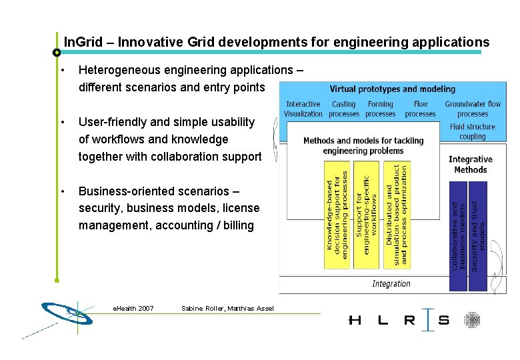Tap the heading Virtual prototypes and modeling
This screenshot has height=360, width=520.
[x=392, y=89]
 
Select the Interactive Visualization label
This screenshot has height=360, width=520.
[x=303, y=109]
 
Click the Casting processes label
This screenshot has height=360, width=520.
[x=343, y=109]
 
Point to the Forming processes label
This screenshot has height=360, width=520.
[x=381, y=109]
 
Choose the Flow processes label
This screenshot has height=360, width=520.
[x=421, y=109]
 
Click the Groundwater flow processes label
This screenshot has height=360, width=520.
[x=473, y=109]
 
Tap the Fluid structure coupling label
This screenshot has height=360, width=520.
[x=472, y=131]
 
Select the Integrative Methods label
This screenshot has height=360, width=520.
[x=470, y=164]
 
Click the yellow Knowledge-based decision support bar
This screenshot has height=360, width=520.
[x=337, y=215]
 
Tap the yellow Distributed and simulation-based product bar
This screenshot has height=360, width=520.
[x=397, y=215]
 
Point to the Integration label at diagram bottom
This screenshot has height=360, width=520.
[x=391, y=284]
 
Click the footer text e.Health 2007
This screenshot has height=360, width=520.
[x=133, y=308]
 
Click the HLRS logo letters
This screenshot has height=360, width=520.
[x=399, y=320]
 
